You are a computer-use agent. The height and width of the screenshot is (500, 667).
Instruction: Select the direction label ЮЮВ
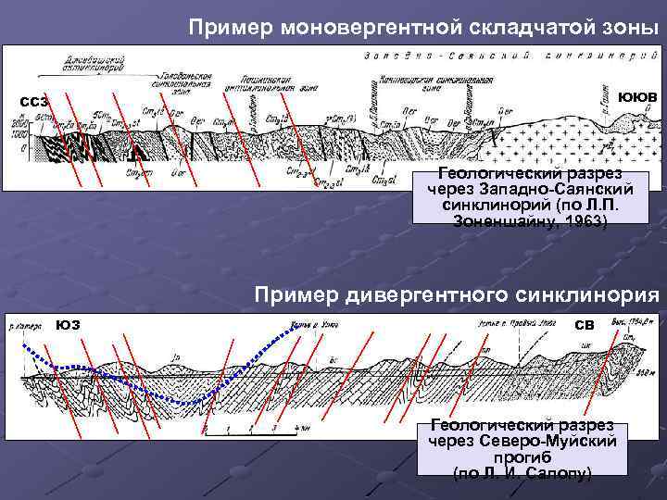point(637,96)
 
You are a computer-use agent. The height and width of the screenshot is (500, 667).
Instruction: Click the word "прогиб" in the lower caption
point(529,457)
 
